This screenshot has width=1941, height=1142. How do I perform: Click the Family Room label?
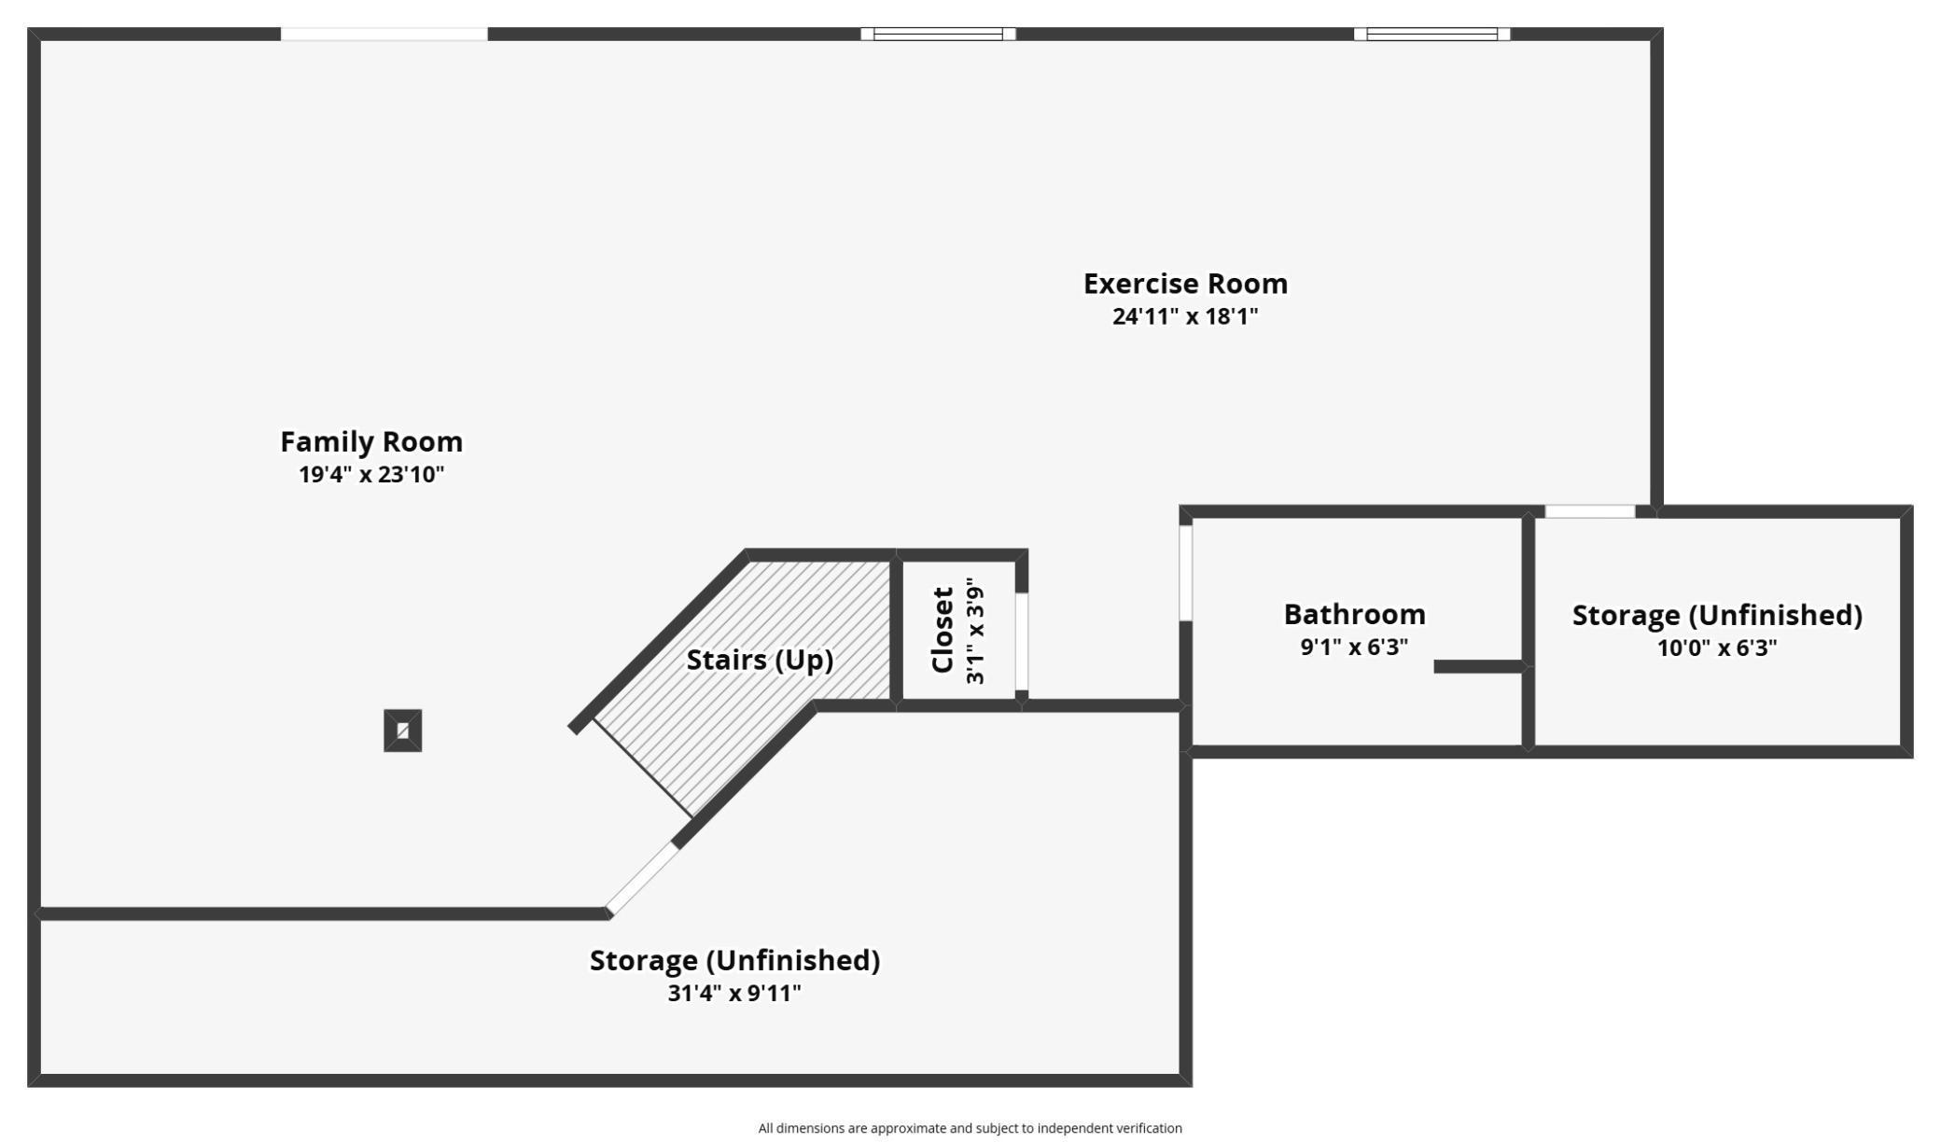pyautogui.click(x=371, y=441)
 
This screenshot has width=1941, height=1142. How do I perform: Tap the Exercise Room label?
pyautogui.click(x=1185, y=284)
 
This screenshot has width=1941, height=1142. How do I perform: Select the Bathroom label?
pyautogui.click(x=1354, y=614)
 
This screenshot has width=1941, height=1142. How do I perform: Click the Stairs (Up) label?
pyautogui.click(x=760, y=660)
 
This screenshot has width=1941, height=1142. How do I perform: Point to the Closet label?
pyautogui.click(x=943, y=630)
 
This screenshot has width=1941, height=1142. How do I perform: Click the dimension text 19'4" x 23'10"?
pyautogui.click(x=371, y=474)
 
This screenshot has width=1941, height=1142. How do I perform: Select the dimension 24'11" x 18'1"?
pyautogui.click(x=1185, y=316)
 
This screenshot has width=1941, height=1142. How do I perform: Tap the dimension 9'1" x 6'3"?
pyautogui.click(x=1354, y=647)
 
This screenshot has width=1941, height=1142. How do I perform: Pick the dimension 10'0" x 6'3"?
pyautogui.click(x=1717, y=648)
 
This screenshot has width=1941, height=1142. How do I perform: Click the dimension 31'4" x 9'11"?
pyautogui.click(x=734, y=993)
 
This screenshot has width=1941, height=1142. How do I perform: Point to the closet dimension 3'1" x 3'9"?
pyautogui.click(x=975, y=631)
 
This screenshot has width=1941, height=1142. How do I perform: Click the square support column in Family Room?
pyautogui.click(x=403, y=731)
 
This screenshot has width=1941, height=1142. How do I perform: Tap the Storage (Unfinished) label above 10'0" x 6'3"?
pyautogui.click(x=1717, y=615)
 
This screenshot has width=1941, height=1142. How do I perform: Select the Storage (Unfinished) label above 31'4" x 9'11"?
pyautogui.click(x=734, y=960)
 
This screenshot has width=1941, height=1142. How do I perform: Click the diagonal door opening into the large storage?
pyautogui.click(x=643, y=878)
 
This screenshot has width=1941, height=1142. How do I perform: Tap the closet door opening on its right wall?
pyautogui.click(x=1022, y=641)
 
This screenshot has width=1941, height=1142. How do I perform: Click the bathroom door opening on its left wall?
pyautogui.click(x=1186, y=573)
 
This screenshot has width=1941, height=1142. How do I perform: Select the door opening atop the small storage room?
pyautogui.click(x=1590, y=511)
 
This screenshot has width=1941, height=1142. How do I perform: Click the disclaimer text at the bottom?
pyautogui.click(x=970, y=1128)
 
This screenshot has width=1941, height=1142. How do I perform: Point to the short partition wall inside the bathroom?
pyautogui.click(x=1478, y=666)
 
